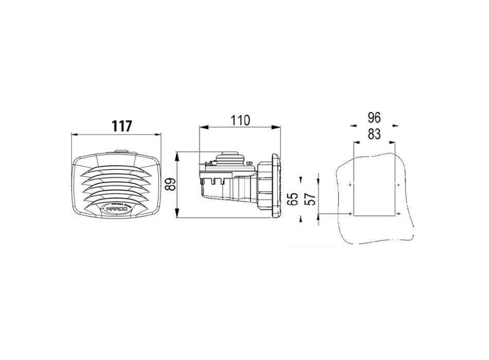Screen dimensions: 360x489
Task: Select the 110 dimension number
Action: [x=240, y=120]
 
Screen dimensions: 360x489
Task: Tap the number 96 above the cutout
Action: [x=374, y=117]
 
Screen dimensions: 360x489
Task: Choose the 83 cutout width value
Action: [x=374, y=134]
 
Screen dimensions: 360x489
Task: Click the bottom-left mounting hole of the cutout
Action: [x=350, y=213]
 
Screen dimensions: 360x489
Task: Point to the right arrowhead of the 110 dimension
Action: [x=277, y=127]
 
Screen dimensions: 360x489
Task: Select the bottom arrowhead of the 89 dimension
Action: [x=177, y=216]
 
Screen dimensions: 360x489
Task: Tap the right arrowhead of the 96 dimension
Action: [x=395, y=124]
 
